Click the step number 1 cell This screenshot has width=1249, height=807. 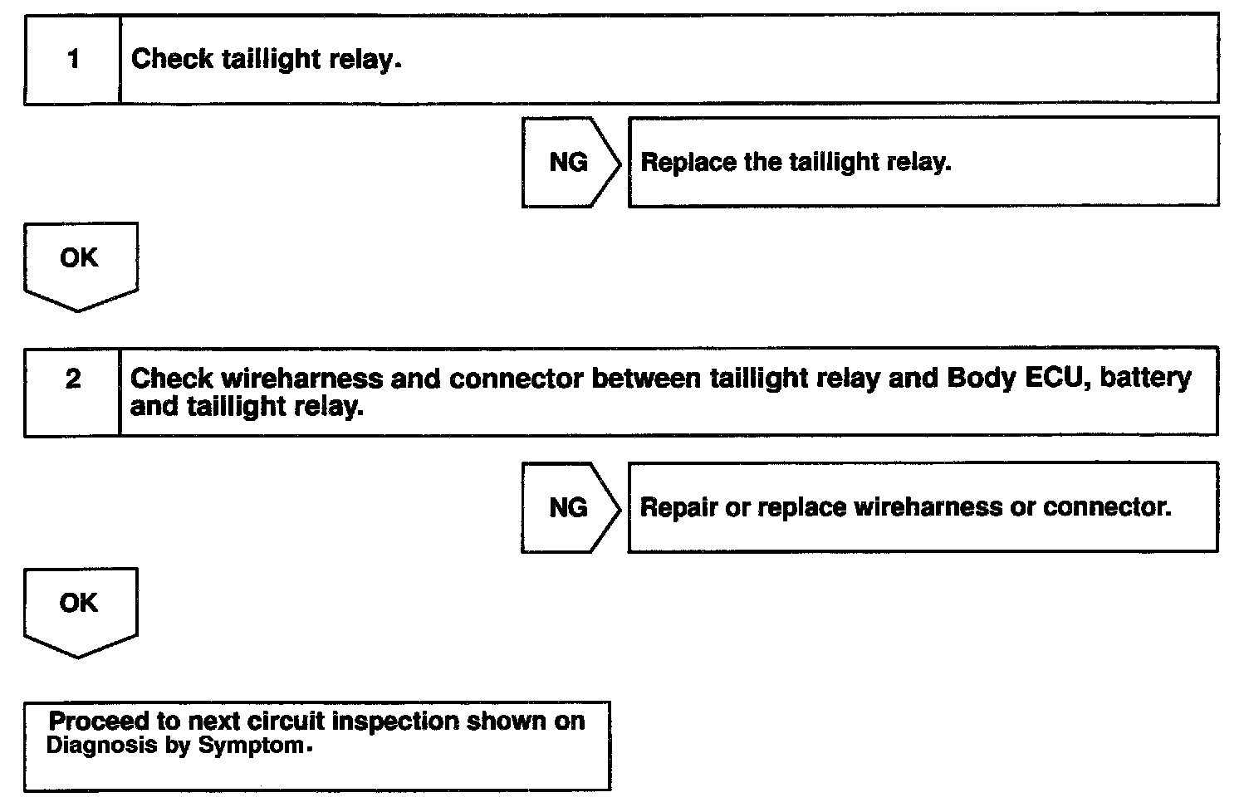pos(73,59)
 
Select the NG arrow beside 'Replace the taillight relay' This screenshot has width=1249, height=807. pos(570,162)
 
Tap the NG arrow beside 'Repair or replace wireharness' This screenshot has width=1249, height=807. pos(570,507)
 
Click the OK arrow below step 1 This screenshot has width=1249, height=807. pos(80,261)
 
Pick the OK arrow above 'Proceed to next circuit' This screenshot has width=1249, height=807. pos(80,606)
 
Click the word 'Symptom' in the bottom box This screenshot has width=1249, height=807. pos(251,746)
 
